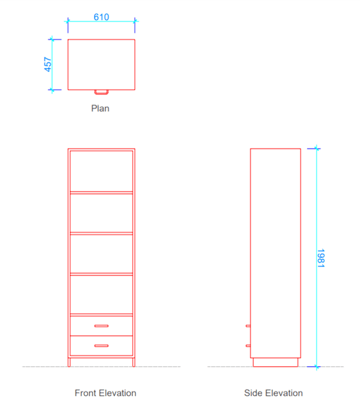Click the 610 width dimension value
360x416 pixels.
coord(101,17)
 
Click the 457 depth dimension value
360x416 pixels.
coord(48,65)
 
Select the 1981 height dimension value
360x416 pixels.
coord(321,258)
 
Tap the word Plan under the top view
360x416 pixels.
coord(100,108)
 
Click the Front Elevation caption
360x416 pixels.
coord(105,393)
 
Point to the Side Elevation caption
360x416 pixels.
coord(273,393)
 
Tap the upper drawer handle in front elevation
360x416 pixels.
coord(102,326)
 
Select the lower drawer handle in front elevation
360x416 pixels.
coord(102,346)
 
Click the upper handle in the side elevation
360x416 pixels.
coord(248,326)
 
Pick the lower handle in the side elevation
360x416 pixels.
coord(248,346)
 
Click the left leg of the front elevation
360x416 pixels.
coord(69,362)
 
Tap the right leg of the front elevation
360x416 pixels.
coord(133,362)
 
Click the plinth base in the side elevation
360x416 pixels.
coord(275,362)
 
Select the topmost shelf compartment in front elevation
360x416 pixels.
coord(101,171)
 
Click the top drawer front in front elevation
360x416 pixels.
coord(101,326)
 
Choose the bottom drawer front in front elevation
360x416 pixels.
coord(101,346)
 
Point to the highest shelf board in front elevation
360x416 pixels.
coord(101,192)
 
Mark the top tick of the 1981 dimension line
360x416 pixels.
coord(316,148)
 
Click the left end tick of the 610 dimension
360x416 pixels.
coord(68,21)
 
